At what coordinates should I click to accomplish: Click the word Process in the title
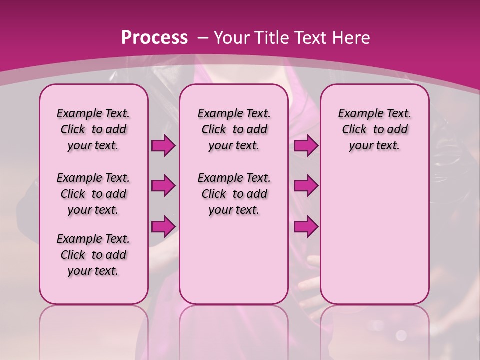click(x=154, y=37)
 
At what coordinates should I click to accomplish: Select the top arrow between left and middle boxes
click(x=163, y=146)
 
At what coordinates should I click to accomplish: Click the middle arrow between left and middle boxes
click(x=163, y=186)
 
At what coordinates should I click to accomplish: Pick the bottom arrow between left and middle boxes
click(x=163, y=226)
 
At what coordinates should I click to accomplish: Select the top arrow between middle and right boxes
click(x=306, y=146)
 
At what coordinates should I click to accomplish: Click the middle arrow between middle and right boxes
click(x=306, y=186)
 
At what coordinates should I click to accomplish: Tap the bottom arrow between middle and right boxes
click(x=306, y=226)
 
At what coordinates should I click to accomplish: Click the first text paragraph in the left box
click(x=93, y=129)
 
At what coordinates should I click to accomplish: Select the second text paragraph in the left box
click(x=93, y=194)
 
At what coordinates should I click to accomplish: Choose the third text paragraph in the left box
click(x=93, y=255)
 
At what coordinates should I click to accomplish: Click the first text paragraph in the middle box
click(x=234, y=129)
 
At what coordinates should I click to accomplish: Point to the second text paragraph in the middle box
click(x=234, y=194)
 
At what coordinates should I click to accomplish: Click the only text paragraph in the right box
click(x=374, y=129)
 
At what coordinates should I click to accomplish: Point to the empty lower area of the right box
click(x=374, y=235)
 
